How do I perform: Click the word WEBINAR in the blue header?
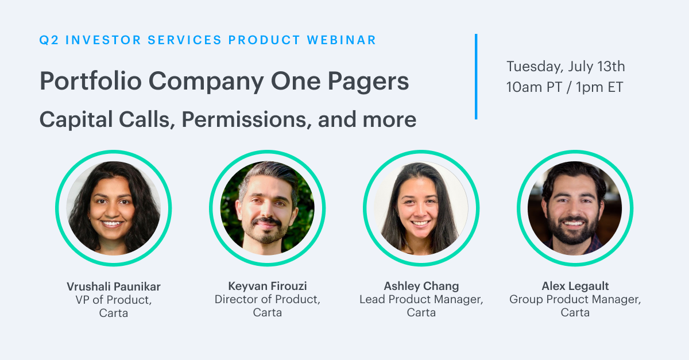coord(342,40)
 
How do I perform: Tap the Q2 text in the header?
coord(49,40)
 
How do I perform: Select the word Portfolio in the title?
coord(91,81)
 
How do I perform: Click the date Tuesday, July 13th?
coord(566,67)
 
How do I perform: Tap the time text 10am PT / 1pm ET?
coord(565,87)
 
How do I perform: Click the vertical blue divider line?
coord(476,76)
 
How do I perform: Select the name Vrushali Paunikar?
coord(114,287)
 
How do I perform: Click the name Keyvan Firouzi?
coord(268,286)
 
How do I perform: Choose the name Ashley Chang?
coord(421,286)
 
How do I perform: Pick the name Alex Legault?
coord(575,286)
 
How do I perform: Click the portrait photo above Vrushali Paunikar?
coord(114,208)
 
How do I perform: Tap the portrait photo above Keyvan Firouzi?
coord(268,208)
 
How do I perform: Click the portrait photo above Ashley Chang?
coord(421,208)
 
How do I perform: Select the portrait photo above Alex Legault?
coord(575,208)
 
